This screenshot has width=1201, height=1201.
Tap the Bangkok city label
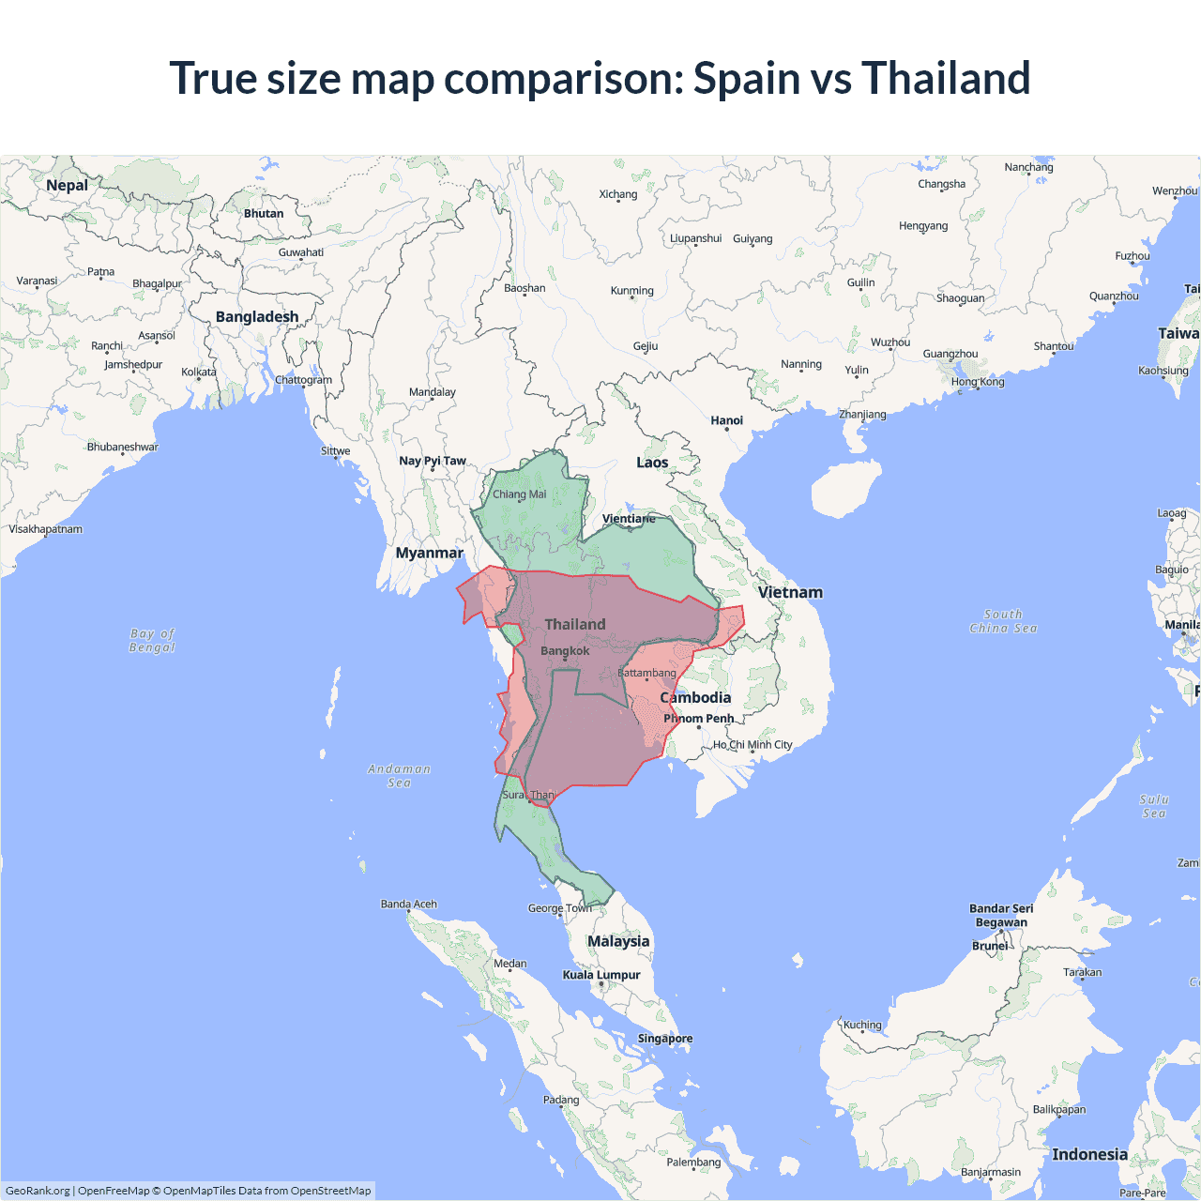click(x=565, y=651)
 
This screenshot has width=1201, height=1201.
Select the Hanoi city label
click(x=726, y=421)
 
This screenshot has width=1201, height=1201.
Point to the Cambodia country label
click(x=695, y=698)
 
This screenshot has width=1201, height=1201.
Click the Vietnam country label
click(x=790, y=593)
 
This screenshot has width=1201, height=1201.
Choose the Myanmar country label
click(x=429, y=554)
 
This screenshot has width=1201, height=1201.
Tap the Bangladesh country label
click(x=257, y=317)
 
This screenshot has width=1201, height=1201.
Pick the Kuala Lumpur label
click(x=600, y=975)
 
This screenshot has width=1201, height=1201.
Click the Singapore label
click(x=664, y=1039)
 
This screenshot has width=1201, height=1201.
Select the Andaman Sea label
click(x=399, y=776)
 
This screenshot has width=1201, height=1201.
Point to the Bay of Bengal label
click(x=152, y=641)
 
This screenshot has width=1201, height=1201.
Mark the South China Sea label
click(x=1003, y=621)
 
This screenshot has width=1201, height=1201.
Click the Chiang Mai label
click(x=519, y=494)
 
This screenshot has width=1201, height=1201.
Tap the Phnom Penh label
click(x=699, y=719)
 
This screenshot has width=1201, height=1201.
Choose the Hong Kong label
click(x=977, y=382)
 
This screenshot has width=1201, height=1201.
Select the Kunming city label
click(x=631, y=291)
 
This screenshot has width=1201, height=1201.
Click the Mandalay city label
click(x=432, y=392)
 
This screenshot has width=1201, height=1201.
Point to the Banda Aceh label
click(x=408, y=905)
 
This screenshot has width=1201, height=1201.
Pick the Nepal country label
click(x=67, y=186)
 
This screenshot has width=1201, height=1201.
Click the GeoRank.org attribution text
click(x=38, y=1191)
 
